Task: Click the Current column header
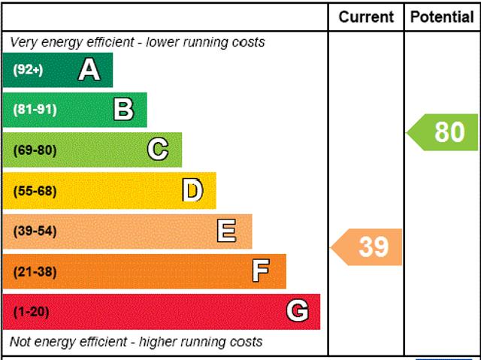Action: [x=366, y=17]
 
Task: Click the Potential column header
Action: [x=442, y=17]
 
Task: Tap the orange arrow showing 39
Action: [x=368, y=247]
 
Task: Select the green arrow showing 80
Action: [x=444, y=132]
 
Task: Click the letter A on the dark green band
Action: [x=89, y=70]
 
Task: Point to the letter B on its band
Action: [x=124, y=110]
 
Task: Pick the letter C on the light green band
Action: [x=158, y=150]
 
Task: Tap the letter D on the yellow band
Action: [x=193, y=190]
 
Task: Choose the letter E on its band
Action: [x=226, y=231]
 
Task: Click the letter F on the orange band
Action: [x=261, y=271]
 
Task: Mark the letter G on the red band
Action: [x=297, y=311]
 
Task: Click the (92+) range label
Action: [x=28, y=70]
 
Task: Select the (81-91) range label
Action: [x=35, y=110]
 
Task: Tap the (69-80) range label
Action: [x=35, y=150]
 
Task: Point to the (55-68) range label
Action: [x=35, y=191]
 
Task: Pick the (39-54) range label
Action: [x=35, y=231]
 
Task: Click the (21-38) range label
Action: [x=35, y=272]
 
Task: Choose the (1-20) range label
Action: [x=31, y=312]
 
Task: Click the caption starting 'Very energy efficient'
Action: [x=138, y=42]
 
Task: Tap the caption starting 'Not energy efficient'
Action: [x=136, y=342]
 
